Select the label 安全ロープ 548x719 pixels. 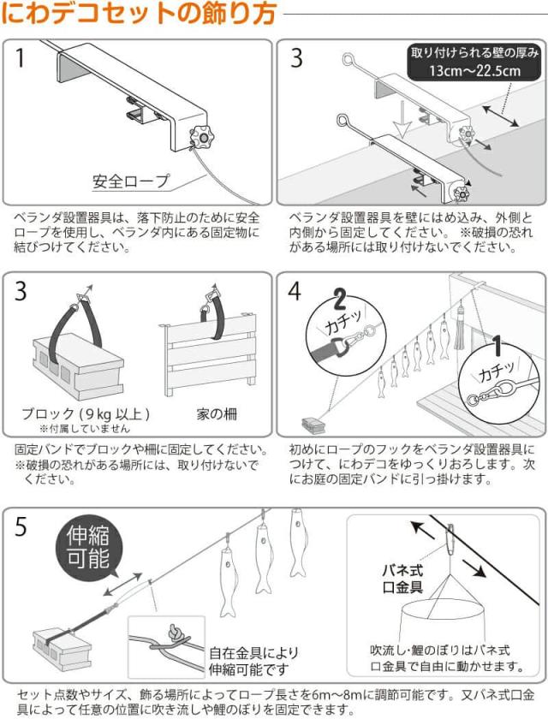pos(131,181)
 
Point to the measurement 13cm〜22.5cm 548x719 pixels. pos(476,71)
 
